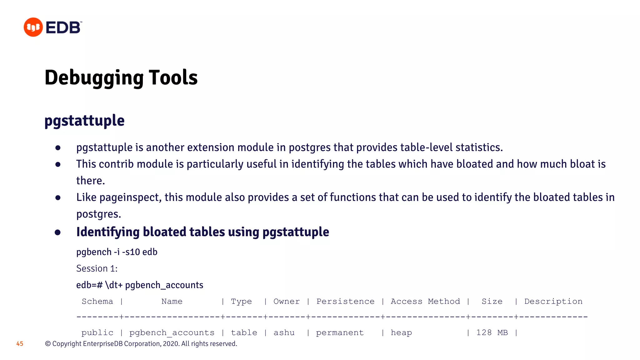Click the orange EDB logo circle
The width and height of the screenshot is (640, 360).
(x=33, y=27)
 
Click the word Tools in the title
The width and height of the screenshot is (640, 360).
(x=173, y=77)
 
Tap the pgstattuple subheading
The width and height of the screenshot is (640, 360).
(x=84, y=121)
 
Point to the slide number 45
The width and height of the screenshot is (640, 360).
(x=20, y=344)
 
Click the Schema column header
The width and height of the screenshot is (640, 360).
(x=97, y=301)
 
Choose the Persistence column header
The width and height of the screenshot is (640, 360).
(x=345, y=301)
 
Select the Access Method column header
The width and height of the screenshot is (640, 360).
(x=425, y=301)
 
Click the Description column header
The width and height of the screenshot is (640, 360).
(x=553, y=301)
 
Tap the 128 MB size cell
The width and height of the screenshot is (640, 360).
(x=492, y=332)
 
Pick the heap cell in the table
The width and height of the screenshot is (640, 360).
(x=401, y=332)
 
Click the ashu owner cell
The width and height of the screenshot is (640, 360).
(x=284, y=332)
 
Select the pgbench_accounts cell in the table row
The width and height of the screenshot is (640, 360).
(x=172, y=333)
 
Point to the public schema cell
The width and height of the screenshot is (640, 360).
(x=97, y=332)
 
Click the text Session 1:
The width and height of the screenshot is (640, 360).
(x=97, y=268)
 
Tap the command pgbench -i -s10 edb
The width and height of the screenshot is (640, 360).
(x=117, y=252)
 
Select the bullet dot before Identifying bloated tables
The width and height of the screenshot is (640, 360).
(x=58, y=232)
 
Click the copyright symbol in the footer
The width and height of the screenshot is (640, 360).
(x=48, y=344)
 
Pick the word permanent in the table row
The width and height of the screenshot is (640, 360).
(x=340, y=332)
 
